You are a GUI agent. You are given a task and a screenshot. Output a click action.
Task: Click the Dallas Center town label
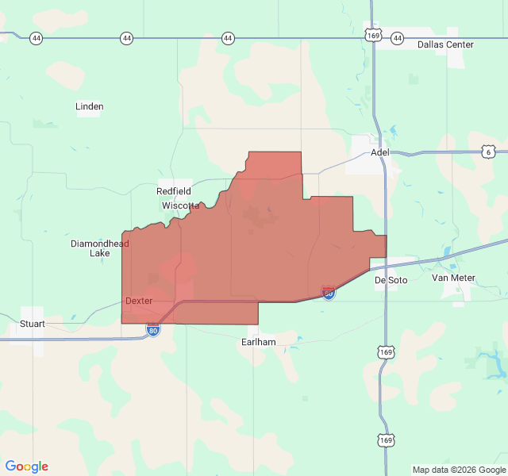pos(445,44)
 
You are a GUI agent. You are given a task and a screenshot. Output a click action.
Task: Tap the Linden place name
pos(89,106)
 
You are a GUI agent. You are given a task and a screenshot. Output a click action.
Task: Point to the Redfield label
pos(173,192)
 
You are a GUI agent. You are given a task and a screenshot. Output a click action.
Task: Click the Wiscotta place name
pos(180,205)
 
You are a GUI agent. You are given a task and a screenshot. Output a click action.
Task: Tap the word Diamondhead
pos(100,244)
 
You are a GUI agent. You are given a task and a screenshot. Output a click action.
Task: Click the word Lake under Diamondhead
pos(100,254)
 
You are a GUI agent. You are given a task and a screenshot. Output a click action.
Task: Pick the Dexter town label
pos(139,301)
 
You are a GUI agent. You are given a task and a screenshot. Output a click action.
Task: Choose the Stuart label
pos(33,324)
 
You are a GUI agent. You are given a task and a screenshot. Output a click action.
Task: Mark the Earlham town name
pos(259,342)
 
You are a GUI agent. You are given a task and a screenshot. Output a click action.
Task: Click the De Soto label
pos(391,279)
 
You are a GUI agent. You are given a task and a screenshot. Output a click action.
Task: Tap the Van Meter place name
pos(453,278)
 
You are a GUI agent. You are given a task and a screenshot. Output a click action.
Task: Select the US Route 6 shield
pos(490,152)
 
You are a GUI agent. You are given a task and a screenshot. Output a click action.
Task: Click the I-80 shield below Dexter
pos(153,330)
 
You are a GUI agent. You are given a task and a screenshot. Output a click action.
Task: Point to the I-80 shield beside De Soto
pos(329,293)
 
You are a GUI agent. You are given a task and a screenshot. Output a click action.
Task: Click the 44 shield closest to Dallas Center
pos(398,38)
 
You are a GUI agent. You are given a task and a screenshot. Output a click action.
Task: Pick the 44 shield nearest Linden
pos(127,38)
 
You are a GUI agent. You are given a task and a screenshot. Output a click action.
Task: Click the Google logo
pos(26,466)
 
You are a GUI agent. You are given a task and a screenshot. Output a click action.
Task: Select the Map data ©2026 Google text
pos(456,470)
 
